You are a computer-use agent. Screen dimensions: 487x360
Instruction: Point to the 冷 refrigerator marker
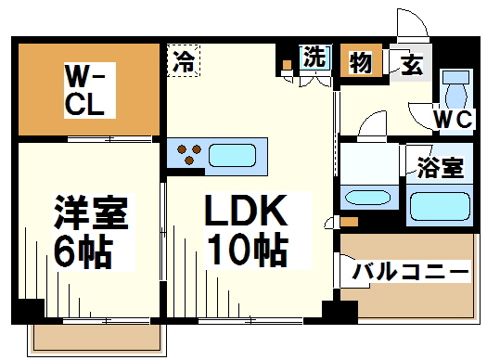pyautogui.click(x=185, y=62)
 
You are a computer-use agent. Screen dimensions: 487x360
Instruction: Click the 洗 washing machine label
pyautogui.click(x=315, y=57)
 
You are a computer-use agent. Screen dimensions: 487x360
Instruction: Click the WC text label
pyautogui.click(x=453, y=120)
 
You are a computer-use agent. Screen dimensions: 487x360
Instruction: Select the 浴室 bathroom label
pyautogui.click(x=440, y=168)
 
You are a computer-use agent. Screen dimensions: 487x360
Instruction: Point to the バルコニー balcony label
pyautogui.click(x=410, y=272)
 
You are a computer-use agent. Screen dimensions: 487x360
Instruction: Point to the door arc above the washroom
pyautogui.click(x=371, y=125)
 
